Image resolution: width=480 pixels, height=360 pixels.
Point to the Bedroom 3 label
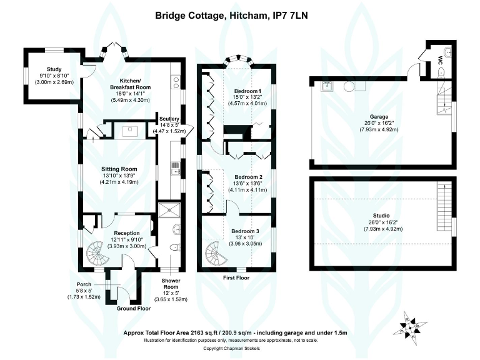click(x=245, y=231)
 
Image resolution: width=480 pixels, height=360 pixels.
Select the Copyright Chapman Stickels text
click(x=240, y=349)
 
